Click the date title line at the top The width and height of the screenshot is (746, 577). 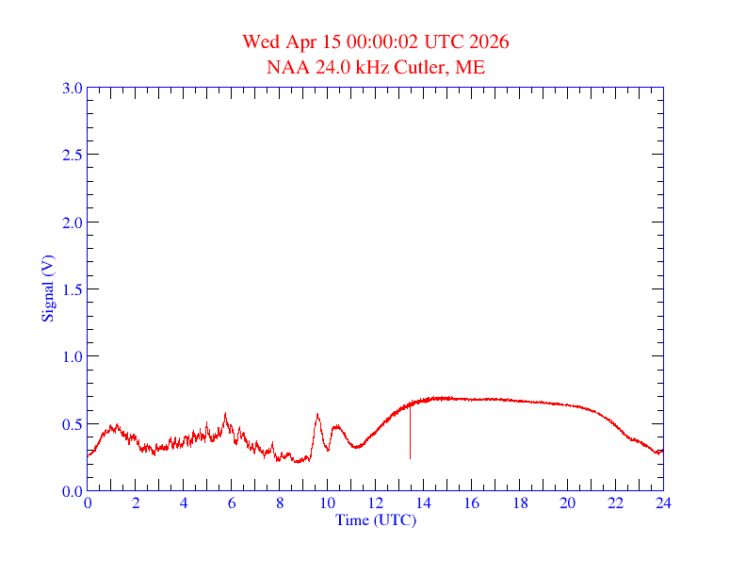coord(376,41)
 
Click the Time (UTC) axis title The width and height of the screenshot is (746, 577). coord(375,519)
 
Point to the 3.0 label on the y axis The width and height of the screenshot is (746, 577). coord(72,88)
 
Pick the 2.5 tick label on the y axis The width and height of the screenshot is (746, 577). coord(72,155)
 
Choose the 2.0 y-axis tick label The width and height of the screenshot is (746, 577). coord(72,223)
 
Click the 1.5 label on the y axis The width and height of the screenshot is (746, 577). coord(72,289)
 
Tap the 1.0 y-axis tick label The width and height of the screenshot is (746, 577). coord(72,356)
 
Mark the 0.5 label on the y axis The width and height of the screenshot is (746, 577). coord(72,424)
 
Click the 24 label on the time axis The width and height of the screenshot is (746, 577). coord(663,503)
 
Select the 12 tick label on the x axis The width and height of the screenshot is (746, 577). coord(376,503)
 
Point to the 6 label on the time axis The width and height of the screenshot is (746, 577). coord(232,503)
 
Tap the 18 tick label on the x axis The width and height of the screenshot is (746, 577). coord(519,503)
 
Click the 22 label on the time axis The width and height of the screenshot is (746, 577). coord(615,503)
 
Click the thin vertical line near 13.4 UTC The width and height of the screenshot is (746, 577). coord(410,434)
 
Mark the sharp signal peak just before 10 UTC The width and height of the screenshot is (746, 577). coord(317,414)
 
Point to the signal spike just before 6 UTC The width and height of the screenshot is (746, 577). coord(225,414)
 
